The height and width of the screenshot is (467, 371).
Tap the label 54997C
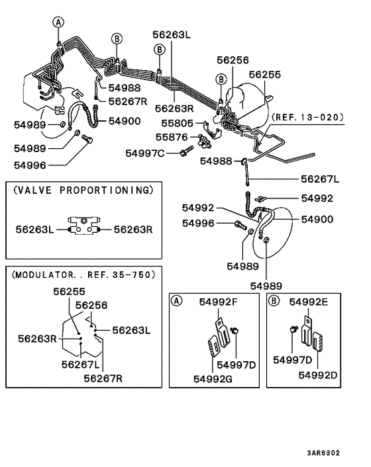pos(145,153)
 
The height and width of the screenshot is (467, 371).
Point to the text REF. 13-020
pos(307,118)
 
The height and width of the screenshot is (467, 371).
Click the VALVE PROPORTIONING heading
pos(83,191)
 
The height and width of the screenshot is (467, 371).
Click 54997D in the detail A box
pos(236,364)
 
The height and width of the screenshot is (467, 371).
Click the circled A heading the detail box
pos(177,301)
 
